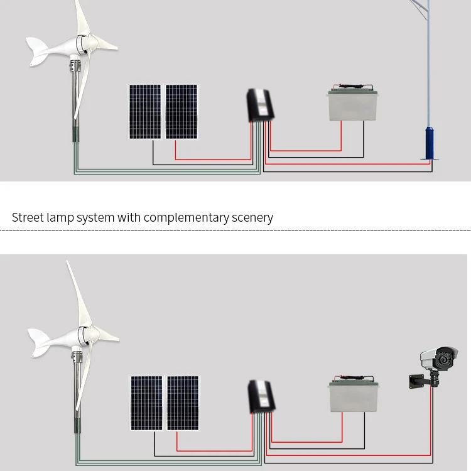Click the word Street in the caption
28,217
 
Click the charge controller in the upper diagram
258,106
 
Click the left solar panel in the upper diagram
145,111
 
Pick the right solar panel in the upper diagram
181,111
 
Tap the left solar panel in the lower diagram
146,403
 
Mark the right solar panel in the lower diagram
182,403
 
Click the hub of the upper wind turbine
83,44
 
